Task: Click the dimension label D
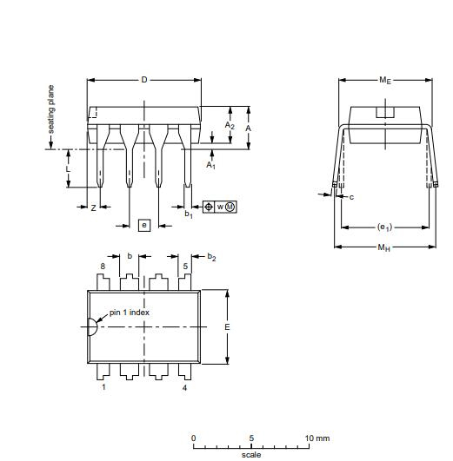coord(144,80)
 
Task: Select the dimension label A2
coord(230,126)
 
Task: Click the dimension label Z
coord(93,207)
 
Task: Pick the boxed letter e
coord(144,225)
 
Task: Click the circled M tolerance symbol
coord(230,207)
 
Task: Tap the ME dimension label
coord(384,80)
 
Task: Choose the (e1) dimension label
coord(384,228)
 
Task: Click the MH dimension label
coord(383,247)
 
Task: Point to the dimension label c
coord(351,198)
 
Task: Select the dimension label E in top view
coord(227,326)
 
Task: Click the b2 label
coord(211,258)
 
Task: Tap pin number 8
coord(103,267)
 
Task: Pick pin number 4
coord(184,387)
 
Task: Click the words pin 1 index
coord(130,313)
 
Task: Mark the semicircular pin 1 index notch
coord(91,327)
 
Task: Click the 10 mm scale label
coord(318,438)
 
